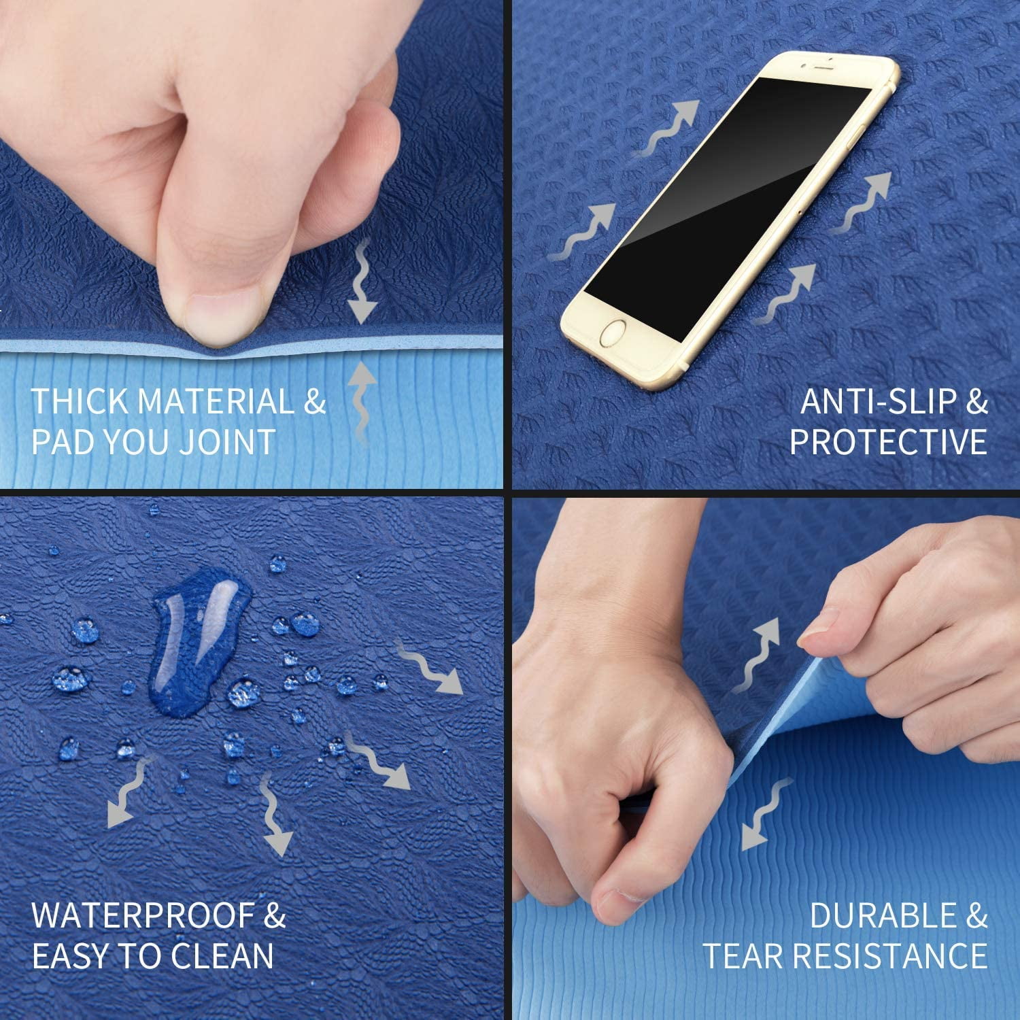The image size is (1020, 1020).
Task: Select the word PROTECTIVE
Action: [888, 442]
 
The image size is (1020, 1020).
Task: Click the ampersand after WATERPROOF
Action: [275, 916]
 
